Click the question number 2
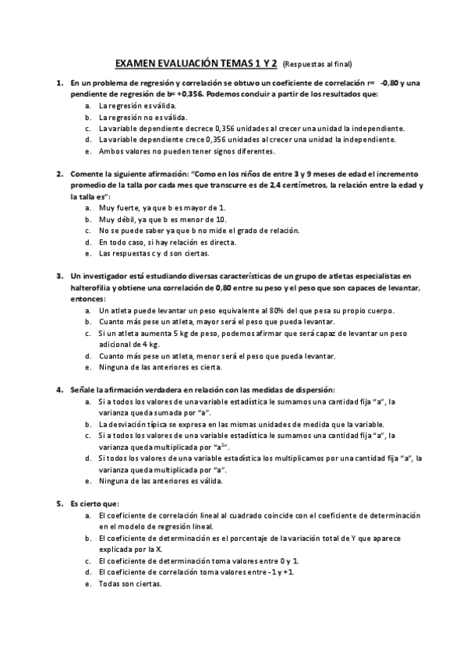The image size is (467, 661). pos(59,173)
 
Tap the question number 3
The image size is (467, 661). pos(59,277)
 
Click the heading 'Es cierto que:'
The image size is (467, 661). pos(94,504)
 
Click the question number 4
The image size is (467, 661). pos(59,390)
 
